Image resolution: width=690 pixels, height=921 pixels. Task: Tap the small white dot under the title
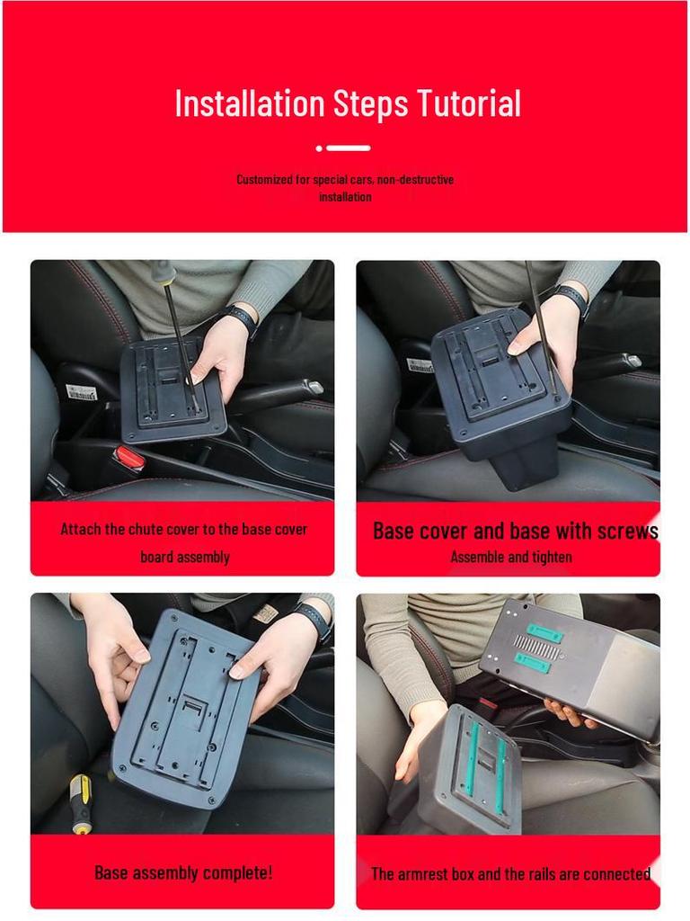(319, 148)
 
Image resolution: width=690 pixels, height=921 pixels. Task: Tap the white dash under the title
(349, 148)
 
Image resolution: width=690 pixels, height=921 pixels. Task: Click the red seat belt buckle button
(130, 459)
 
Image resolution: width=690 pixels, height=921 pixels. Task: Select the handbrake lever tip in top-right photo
(632, 361)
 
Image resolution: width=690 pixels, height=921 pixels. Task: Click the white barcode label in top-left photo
(81, 392)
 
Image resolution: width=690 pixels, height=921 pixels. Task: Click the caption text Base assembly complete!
(183, 872)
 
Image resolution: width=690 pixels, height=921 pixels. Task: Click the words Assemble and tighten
(510, 558)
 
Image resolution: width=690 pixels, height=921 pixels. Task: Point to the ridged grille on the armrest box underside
(538, 645)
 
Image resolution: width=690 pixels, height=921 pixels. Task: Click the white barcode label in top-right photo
(420, 365)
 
